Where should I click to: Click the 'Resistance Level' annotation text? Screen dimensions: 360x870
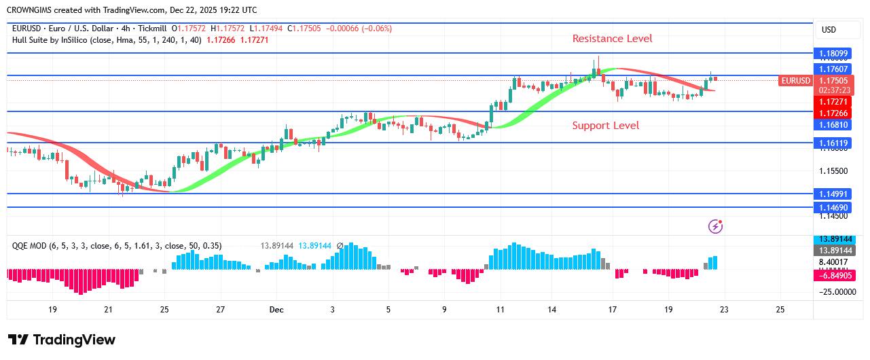(x=612, y=39)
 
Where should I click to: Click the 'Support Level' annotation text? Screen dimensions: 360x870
(x=605, y=125)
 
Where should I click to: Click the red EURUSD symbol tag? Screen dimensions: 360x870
(x=795, y=81)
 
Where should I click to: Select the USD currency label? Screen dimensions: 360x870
(x=829, y=30)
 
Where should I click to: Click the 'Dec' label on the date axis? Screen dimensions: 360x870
(x=276, y=310)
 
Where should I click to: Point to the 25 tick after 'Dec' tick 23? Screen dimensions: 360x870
(x=780, y=310)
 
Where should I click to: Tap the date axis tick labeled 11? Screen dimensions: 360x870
(x=500, y=310)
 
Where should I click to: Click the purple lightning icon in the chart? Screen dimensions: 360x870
(x=715, y=226)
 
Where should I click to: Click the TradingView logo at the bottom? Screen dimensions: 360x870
(x=62, y=340)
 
